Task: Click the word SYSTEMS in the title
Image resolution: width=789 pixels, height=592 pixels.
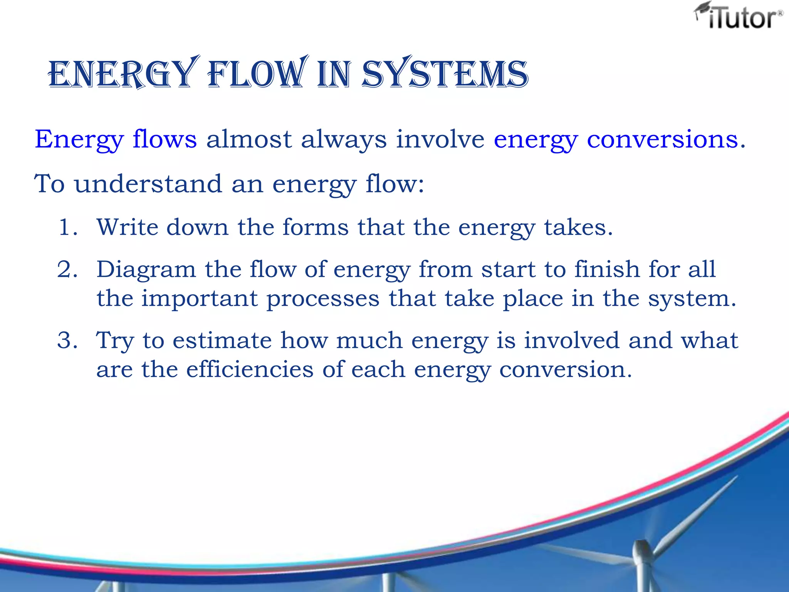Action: tap(445, 74)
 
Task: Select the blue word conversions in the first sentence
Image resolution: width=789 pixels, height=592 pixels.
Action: tap(662, 139)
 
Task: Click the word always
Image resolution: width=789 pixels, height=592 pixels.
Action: tap(344, 140)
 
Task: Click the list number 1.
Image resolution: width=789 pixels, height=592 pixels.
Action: tap(66, 227)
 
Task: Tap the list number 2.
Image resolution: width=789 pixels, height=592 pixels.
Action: tap(66, 269)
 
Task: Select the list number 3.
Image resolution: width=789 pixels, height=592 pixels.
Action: tap(66, 340)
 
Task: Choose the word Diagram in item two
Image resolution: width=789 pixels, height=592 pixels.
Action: tap(146, 269)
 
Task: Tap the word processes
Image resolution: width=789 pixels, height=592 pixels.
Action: tap(323, 299)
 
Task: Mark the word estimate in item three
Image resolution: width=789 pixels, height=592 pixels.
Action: tap(222, 340)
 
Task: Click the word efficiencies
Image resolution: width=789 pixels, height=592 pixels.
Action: tap(250, 369)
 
